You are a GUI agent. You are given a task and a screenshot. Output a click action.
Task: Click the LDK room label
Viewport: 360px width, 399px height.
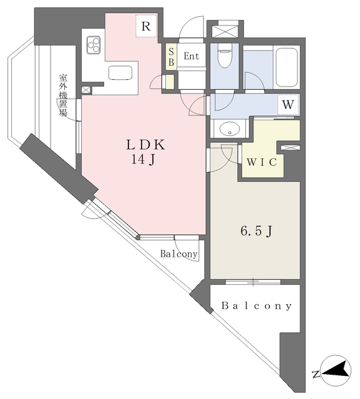point(146,145)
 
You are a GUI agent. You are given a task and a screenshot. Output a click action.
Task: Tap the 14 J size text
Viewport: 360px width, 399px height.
point(143,160)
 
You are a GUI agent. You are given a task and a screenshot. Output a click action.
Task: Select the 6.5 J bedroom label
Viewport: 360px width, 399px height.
point(256,231)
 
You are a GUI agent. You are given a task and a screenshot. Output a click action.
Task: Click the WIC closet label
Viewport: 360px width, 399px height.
point(261,162)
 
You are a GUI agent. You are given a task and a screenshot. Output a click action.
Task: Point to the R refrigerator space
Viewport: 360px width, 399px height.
point(146,26)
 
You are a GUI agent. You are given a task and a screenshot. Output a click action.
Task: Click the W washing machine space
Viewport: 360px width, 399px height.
point(288,104)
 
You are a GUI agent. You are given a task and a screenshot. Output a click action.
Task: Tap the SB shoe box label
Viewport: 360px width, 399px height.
point(171,57)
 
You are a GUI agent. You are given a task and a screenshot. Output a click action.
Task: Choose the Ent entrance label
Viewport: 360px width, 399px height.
point(192,56)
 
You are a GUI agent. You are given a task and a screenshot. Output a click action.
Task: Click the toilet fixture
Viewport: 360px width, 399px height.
point(225,55)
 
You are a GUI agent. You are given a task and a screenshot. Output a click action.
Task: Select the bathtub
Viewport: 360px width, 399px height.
point(286,67)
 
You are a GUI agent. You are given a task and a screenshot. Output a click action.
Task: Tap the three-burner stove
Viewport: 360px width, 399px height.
point(94,46)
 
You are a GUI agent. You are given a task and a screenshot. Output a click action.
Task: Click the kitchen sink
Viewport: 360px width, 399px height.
point(120,73)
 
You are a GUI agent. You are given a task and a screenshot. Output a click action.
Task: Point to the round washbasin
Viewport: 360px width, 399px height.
point(230,129)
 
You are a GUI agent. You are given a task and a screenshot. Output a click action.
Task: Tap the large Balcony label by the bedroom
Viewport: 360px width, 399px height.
point(256,305)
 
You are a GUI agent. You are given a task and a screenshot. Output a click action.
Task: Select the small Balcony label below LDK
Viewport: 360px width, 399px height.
point(178,254)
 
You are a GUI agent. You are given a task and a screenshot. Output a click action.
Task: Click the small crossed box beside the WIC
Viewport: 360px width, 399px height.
point(290,148)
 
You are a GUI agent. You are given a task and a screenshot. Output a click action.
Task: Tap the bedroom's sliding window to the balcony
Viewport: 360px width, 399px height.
point(253,282)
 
